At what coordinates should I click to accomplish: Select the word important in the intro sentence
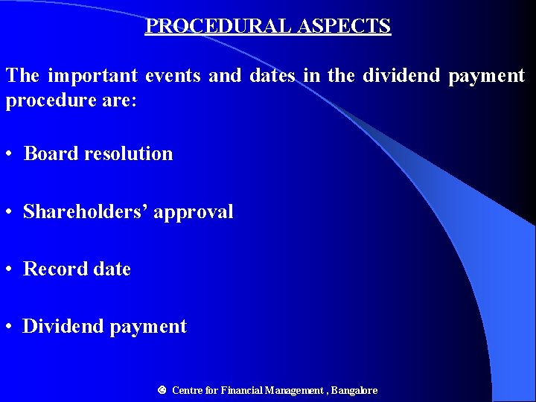[93, 76]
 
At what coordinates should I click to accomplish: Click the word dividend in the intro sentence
[401, 76]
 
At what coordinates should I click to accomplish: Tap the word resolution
[128, 154]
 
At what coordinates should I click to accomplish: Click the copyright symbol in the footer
[162, 390]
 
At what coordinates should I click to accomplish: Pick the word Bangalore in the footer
[354, 391]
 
